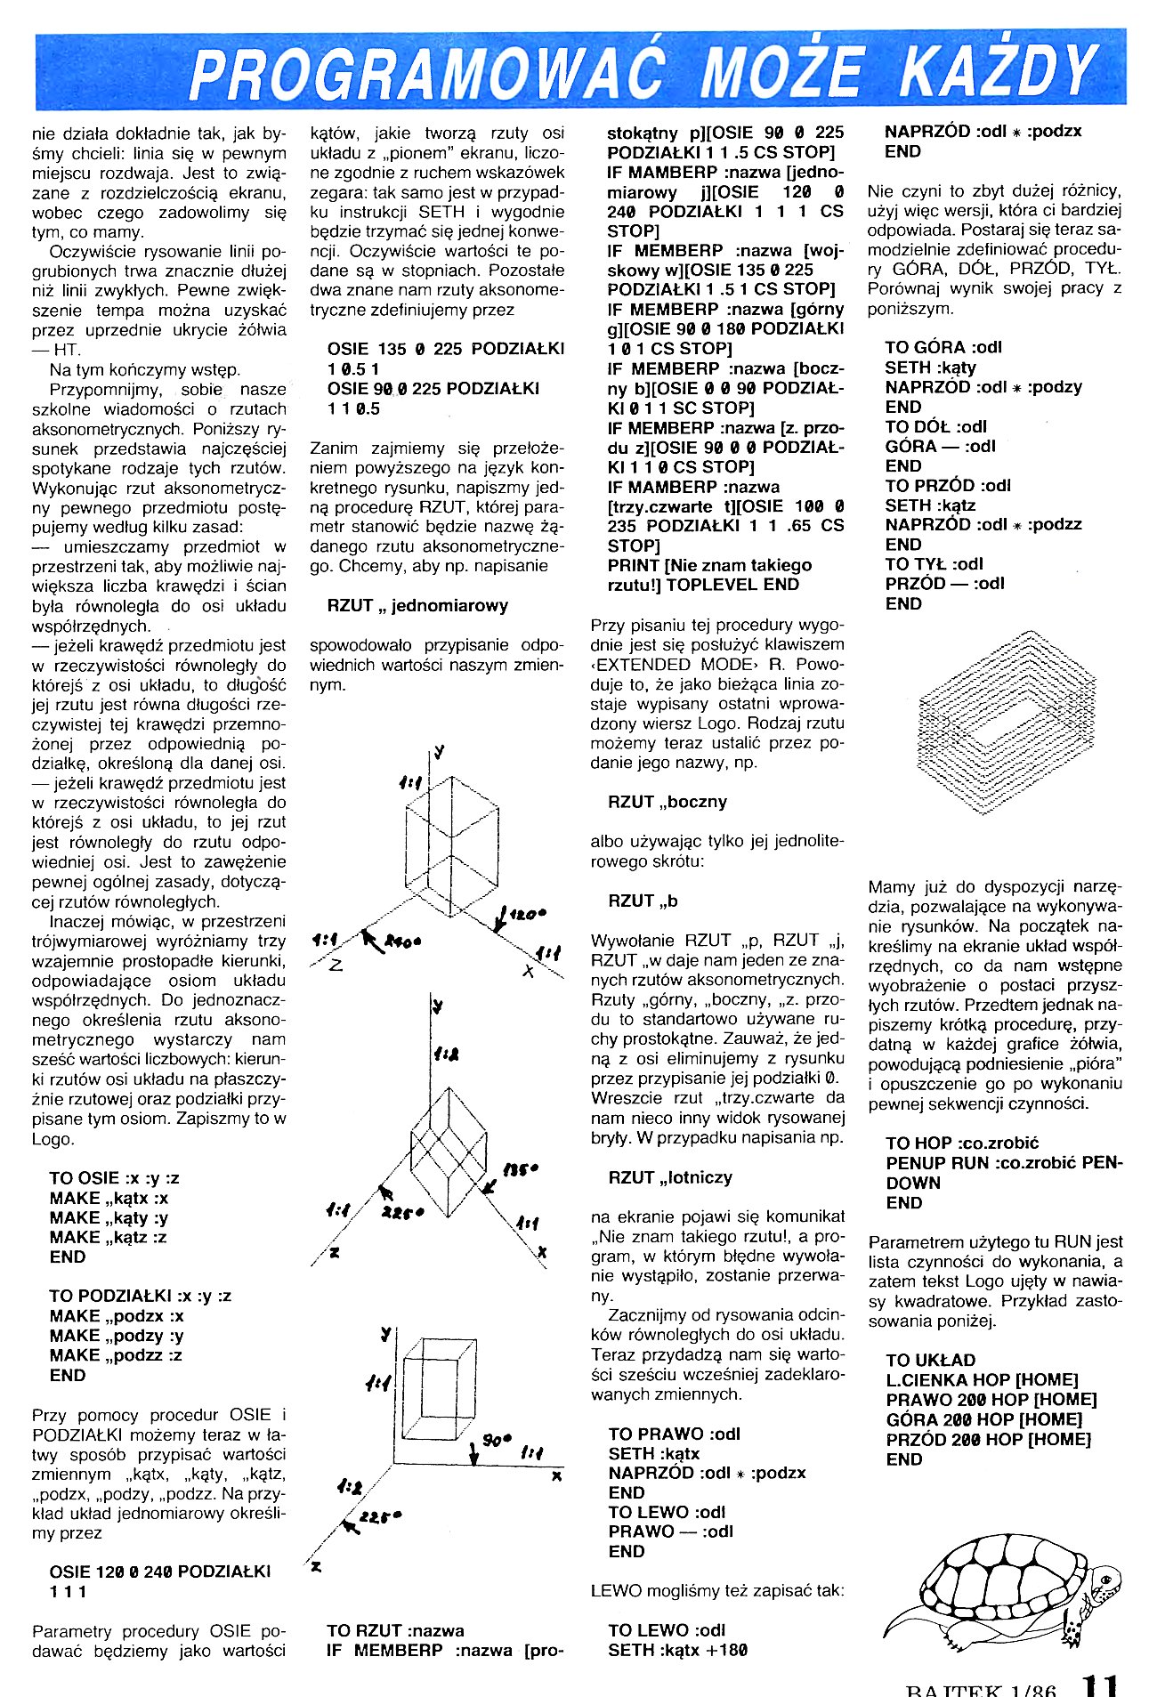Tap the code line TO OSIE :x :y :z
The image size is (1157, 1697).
click(114, 1178)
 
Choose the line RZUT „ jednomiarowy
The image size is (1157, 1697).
click(417, 606)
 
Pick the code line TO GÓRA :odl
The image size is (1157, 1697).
click(943, 347)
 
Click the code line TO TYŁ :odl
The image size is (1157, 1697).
click(934, 563)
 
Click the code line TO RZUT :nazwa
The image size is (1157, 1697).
click(395, 1630)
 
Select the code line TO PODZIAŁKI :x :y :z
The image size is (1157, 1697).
click(140, 1296)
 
